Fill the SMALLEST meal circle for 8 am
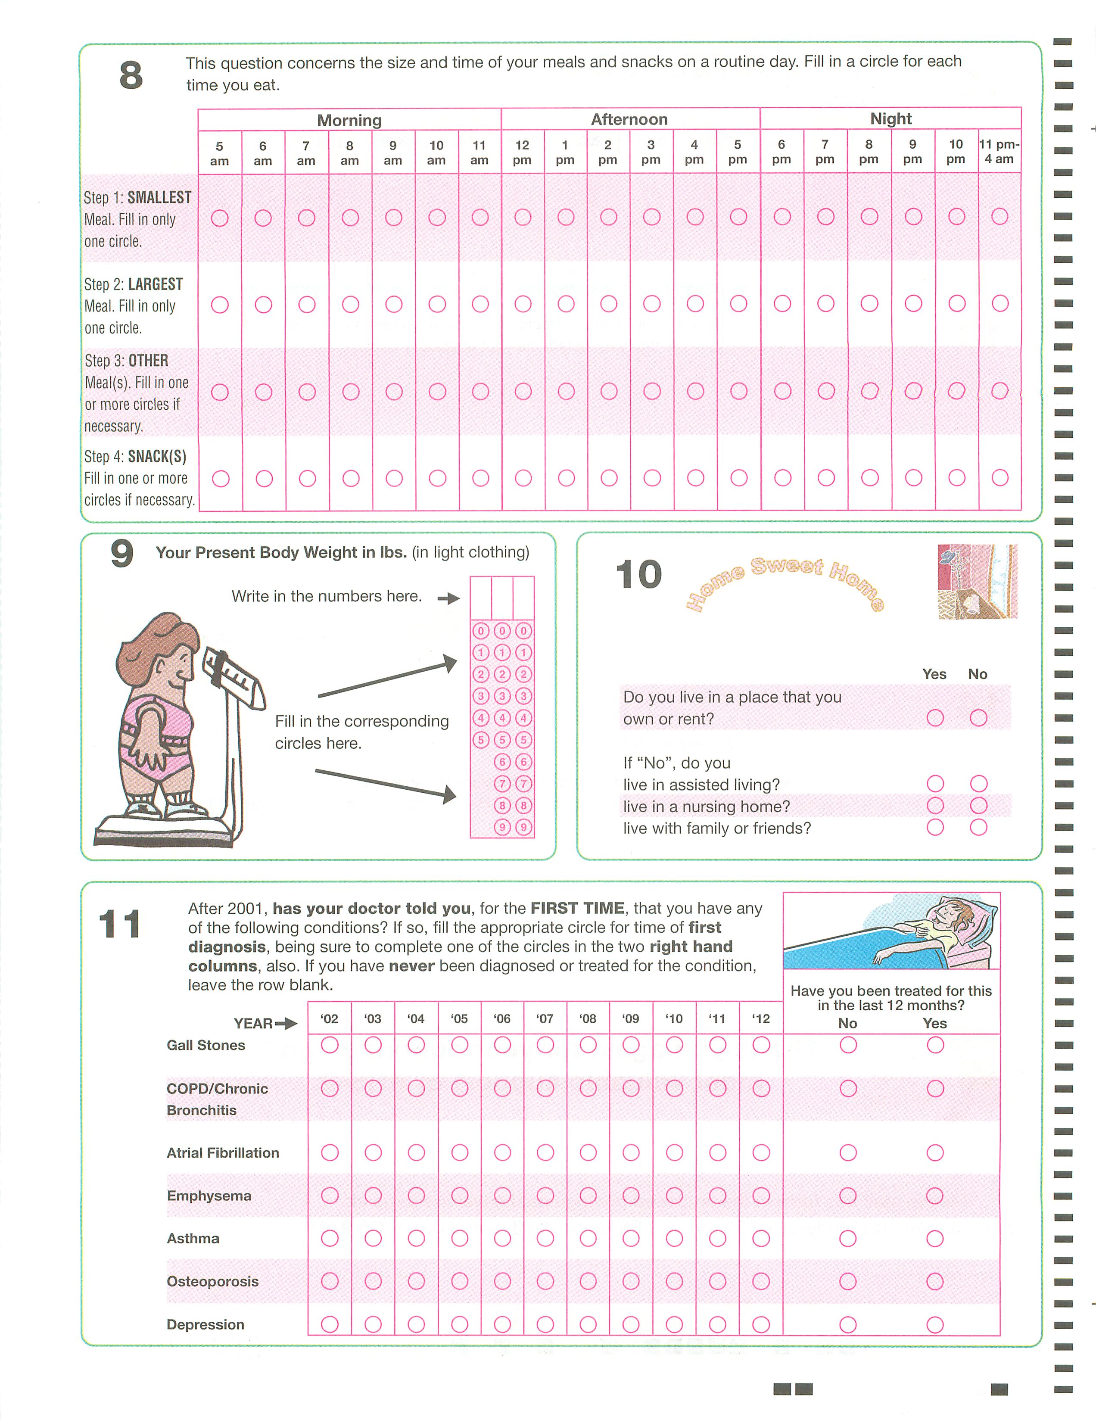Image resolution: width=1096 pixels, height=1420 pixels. (x=350, y=218)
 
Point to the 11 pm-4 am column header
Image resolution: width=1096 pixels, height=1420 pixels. (x=999, y=152)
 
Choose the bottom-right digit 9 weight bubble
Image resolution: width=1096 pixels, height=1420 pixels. (x=524, y=827)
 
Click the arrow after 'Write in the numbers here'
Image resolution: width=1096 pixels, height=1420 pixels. (x=448, y=598)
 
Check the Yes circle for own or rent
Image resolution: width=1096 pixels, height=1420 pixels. (x=935, y=718)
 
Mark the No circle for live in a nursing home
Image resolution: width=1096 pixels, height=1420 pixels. (x=978, y=806)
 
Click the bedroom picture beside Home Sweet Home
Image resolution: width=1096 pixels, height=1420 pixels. (x=977, y=581)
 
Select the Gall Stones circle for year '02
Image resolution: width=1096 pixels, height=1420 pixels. (x=330, y=1045)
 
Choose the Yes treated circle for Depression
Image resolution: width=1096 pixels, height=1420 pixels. (x=935, y=1324)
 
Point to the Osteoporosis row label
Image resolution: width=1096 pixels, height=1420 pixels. (x=212, y=1282)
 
